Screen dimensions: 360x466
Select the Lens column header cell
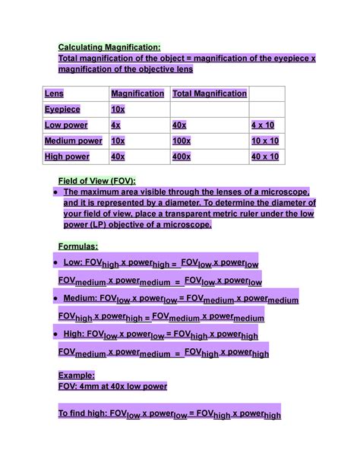[x=55, y=94]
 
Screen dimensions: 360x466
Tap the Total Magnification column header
[x=210, y=94]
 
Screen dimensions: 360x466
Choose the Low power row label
[x=66, y=125]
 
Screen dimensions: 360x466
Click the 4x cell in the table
[x=116, y=125]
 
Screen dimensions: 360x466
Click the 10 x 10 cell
[x=265, y=141]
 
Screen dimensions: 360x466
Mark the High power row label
[x=67, y=157]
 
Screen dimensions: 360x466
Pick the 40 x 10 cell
[x=265, y=157]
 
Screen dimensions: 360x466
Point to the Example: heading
[x=77, y=375]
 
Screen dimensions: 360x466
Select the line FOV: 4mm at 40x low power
[x=112, y=386]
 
